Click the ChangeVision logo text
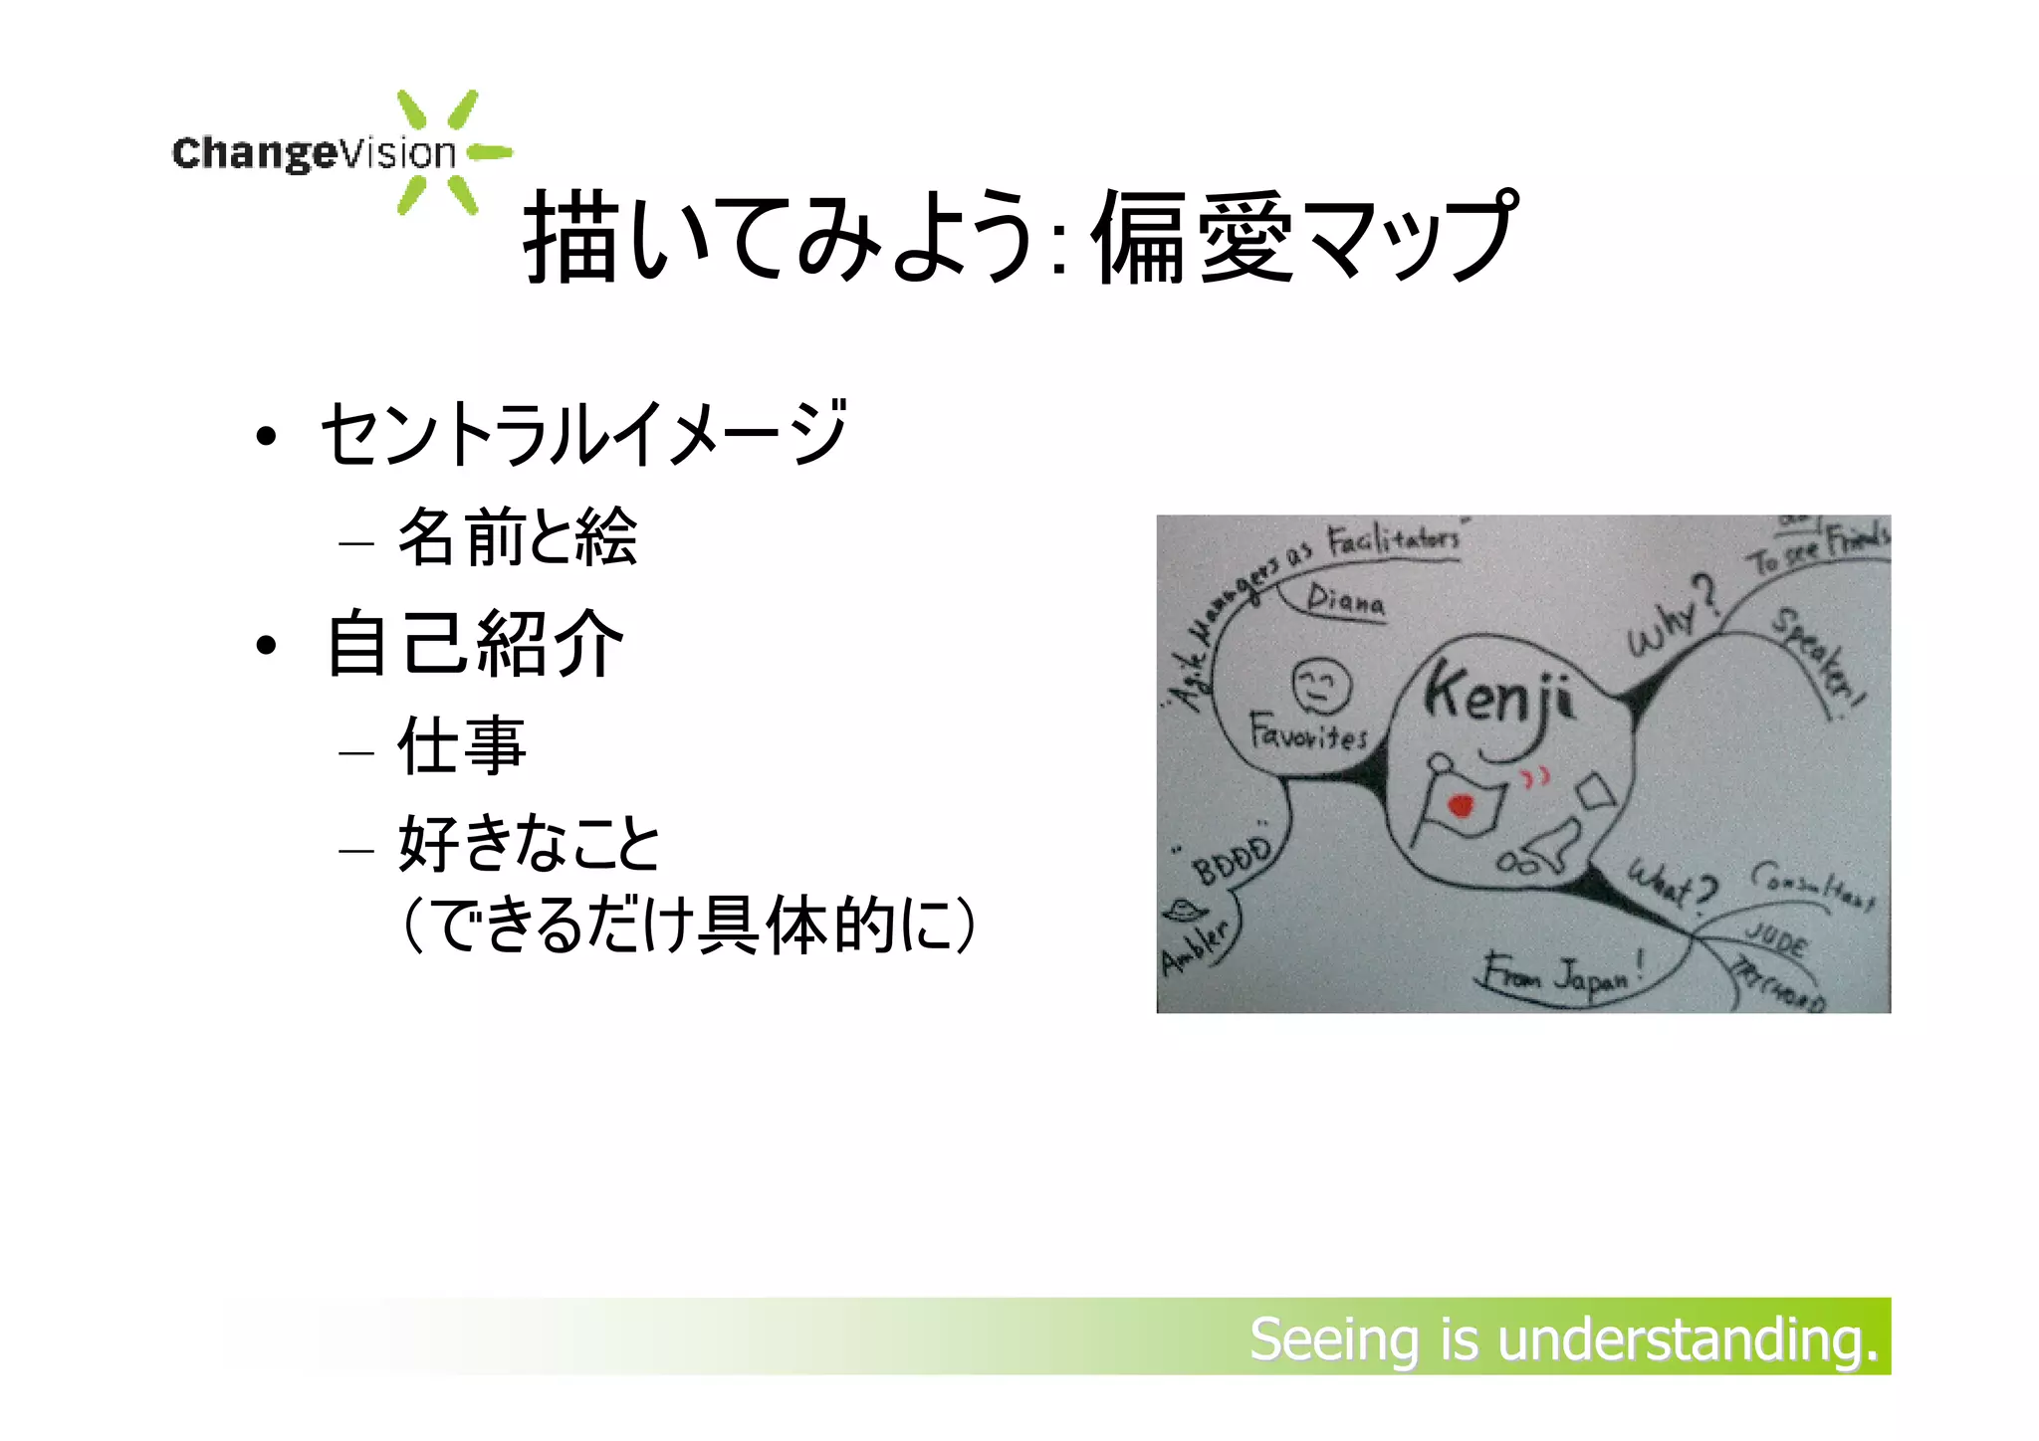tap(314, 153)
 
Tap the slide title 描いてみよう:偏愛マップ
tap(1020, 237)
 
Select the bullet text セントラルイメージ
tap(583, 434)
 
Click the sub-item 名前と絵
tap(517, 537)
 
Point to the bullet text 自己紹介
tap(476, 644)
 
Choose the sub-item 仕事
tap(461, 745)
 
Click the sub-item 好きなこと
tap(529, 844)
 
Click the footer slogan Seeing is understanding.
tap(1563, 1338)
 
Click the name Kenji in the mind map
tap(1498, 697)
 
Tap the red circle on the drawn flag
tap(1461, 804)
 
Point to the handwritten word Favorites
tap(1308, 734)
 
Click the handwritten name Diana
tap(1345, 600)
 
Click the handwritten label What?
tap(1673, 884)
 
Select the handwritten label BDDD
tap(1233, 862)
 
